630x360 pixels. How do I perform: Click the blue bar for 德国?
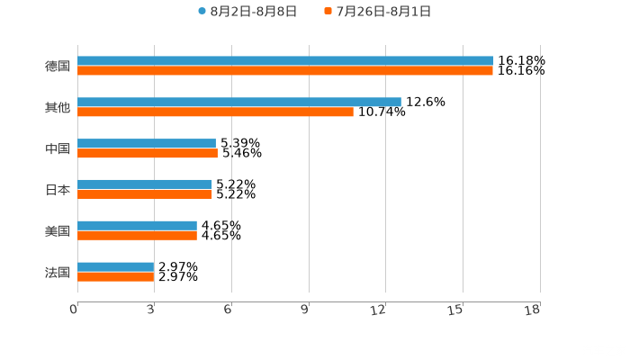pyautogui.click(x=285, y=61)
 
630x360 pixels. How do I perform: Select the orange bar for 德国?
pyautogui.click(x=285, y=71)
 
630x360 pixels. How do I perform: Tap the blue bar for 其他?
pyautogui.click(x=239, y=103)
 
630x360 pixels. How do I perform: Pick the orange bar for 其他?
pyautogui.click(x=215, y=112)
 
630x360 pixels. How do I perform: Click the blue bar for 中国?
pyautogui.click(x=147, y=143)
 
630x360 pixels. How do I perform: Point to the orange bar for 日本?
pyautogui.click(x=145, y=194)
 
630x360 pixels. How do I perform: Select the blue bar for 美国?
pyautogui.click(x=137, y=225)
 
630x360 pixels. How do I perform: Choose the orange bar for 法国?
pyautogui.click(x=116, y=276)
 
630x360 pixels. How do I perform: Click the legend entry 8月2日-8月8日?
pyautogui.click(x=247, y=12)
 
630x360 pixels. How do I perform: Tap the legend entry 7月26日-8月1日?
pyautogui.click(x=378, y=12)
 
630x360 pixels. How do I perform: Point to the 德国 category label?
pyautogui.click(x=58, y=67)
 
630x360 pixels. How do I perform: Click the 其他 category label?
pyautogui.click(x=58, y=108)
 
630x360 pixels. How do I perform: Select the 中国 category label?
pyautogui.click(x=58, y=148)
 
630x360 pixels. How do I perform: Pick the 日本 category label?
pyautogui.click(x=58, y=190)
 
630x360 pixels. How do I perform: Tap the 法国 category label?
pyautogui.click(x=58, y=272)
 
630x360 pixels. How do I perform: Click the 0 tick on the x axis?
pyautogui.click(x=74, y=310)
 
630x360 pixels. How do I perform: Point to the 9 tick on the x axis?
pyautogui.click(x=305, y=310)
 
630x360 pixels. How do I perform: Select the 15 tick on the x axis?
pyautogui.click(x=457, y=310)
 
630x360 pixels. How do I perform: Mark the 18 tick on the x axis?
pyautogui.click(x=533, y=310)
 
